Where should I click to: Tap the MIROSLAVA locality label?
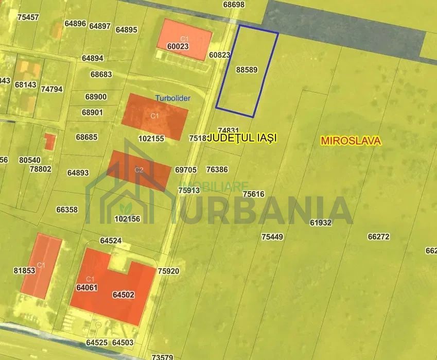pyautogui.click(x=351, y=141)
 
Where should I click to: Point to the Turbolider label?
pyautogui.click(x=172, y=98)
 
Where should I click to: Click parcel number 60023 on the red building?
pyautogui.click(x=178, y=46)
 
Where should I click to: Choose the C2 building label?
pyautogui.click(x=138, y=169)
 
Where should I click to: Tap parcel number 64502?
pyautogui.click(x=123, y=295)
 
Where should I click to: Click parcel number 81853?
pyautogui.click(x=24, y=270)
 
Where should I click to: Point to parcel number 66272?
pyautogui.click(x=378, y=237)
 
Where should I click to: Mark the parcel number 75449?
pyautogui.click(x=272, y=237)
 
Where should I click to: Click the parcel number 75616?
pyautogui.click(x=253, y=194)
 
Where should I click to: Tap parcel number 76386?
pyautogui.click(x=217, y=169)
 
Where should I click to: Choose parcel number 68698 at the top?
pyautogui.click(x=234, y=4)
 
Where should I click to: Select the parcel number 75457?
pyautogui.click(x=28, y=17)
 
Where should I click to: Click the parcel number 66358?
pyautogui.click(x=67, y=210)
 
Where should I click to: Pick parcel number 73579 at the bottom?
pyautogui.click(x=163, y=356)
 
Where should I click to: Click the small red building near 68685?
pyautogui.click(x=49, y=141)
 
